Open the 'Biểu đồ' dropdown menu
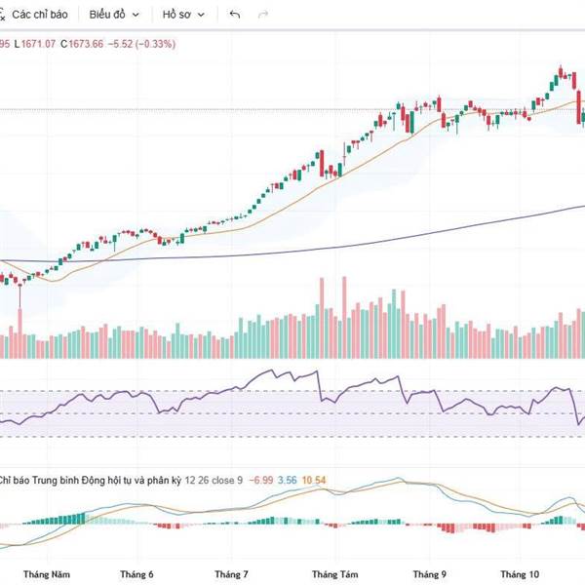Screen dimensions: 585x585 (113, 16)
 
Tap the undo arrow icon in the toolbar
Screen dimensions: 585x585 (234, 16)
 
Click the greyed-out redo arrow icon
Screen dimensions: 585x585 (262, 16)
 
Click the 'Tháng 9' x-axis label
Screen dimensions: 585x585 (429, 574)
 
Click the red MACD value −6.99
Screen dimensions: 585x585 (261, 480)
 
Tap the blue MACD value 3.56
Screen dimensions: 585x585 (289, 480)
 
